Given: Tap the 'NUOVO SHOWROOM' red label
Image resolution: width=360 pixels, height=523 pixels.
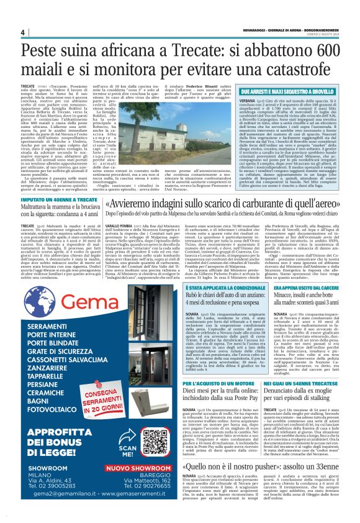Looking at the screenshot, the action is pyautogui.click(x=131, y=469).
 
